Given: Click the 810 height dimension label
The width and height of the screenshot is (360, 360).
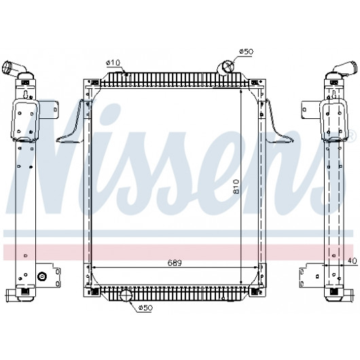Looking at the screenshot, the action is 236,187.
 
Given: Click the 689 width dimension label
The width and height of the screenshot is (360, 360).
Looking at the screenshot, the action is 175,263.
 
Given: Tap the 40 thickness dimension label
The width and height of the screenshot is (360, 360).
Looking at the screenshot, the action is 352,261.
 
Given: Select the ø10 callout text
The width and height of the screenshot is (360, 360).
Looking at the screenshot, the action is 113,62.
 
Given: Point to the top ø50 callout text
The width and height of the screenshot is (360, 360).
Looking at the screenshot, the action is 246,52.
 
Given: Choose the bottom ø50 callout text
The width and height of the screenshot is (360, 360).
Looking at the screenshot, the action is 145,308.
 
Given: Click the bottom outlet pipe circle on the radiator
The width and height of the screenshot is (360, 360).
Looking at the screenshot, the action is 126,295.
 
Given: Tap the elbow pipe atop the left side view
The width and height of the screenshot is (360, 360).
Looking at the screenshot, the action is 14,68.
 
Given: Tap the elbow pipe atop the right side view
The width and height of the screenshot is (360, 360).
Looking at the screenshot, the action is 346,67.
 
